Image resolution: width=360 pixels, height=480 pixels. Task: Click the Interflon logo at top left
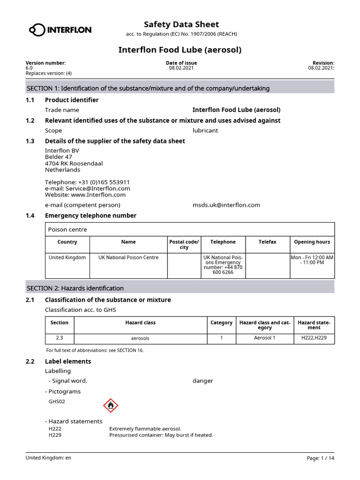tap(60, 30)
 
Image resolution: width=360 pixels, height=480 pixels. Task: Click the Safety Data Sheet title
tap(181, 24)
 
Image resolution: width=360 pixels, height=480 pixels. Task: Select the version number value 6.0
tap(29, 68)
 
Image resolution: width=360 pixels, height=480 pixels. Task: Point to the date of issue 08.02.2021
tap(181, 68)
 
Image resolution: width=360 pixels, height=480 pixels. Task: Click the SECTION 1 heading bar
tap(180, 88)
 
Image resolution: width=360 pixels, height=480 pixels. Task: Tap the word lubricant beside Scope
tap(205, 130)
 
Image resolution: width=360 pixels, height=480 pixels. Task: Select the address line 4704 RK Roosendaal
tap(74, 164)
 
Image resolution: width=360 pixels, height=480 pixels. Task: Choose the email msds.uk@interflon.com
tap(226, 205)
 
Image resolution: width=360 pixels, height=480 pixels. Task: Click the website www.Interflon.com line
tap(85, 195)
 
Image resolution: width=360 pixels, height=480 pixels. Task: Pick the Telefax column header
tap(267, 242)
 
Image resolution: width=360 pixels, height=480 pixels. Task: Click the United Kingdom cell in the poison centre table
tap(67, 257)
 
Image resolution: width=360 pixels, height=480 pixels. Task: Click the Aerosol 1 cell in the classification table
tap(264, 337)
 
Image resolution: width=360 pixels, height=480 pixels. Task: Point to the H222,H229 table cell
tap(314, 337)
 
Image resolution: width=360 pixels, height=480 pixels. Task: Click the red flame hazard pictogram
tap(111, 405)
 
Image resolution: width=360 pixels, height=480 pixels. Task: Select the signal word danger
tap(202, 381)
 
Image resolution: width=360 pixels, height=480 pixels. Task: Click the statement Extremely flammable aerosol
tap(145, 428)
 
